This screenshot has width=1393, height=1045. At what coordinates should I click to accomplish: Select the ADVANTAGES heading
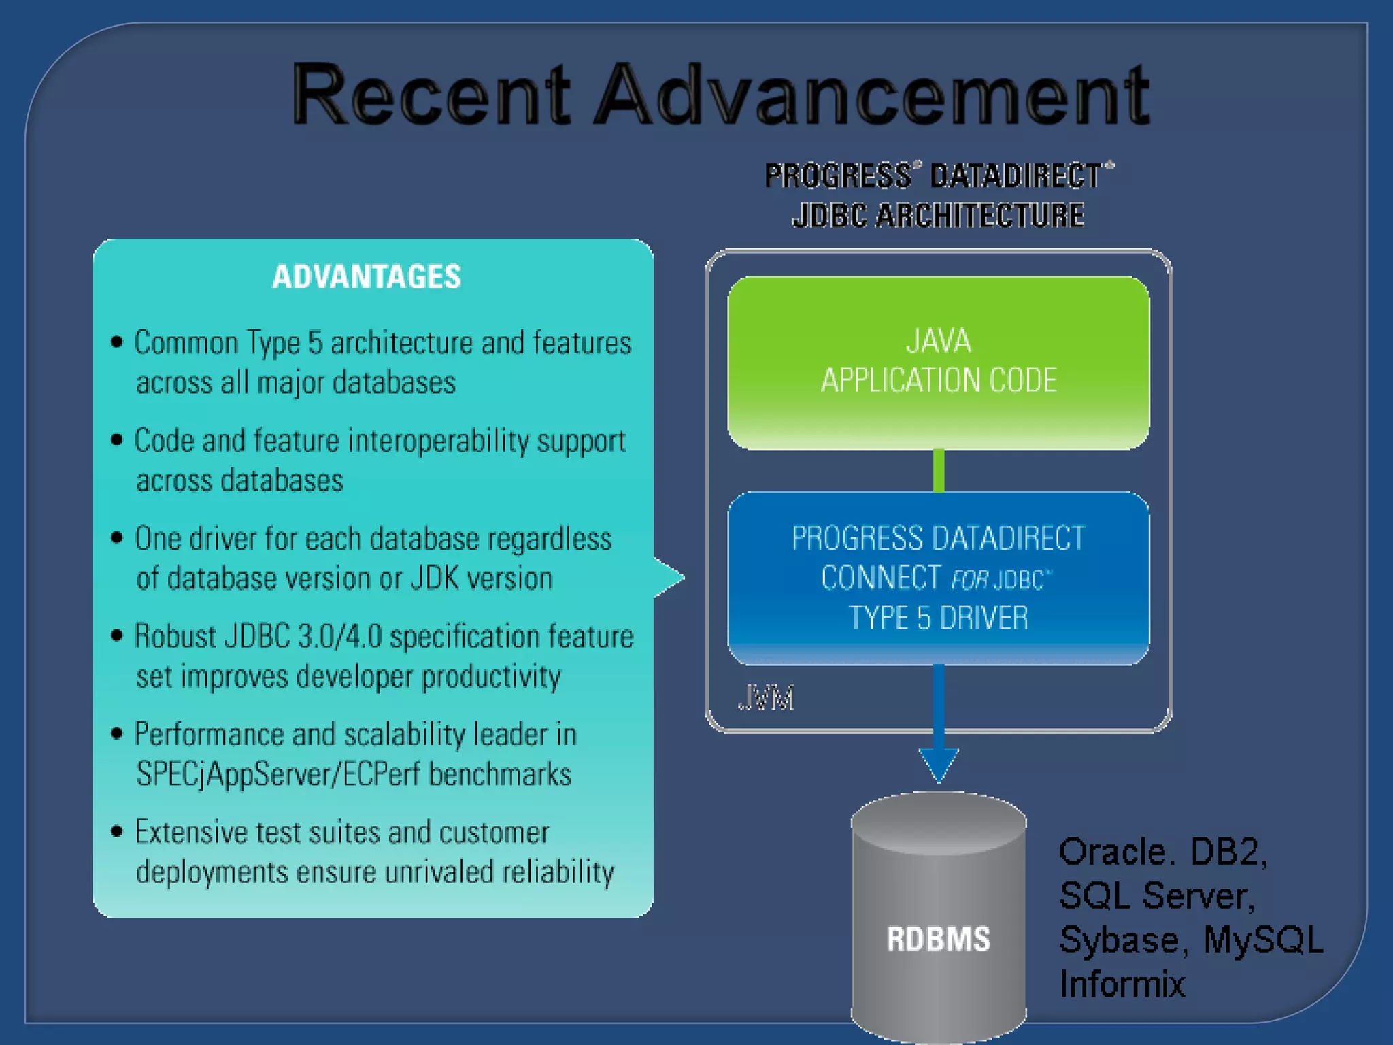(x=367, y=277)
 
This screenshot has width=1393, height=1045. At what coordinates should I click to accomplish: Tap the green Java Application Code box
(x=938, y=362)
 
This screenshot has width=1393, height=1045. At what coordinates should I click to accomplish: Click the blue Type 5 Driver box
(x=938, y=578)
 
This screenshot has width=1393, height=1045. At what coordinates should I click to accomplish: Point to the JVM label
(x=765, y=699)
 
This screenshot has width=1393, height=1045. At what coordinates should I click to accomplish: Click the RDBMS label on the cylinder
(x=938, y=939)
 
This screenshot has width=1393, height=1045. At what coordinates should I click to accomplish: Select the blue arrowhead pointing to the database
(x=939, y=763)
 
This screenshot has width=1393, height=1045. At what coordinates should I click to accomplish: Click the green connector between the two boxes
(x=939, y=470)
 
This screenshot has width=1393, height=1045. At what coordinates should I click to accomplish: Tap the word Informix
(x=1122, y=984)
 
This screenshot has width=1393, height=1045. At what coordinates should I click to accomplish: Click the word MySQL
(x=1263, y=940)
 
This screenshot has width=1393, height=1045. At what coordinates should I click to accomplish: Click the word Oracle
(x=1116, y=852)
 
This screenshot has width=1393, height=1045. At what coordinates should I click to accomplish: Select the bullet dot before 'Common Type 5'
(x=117, y=342)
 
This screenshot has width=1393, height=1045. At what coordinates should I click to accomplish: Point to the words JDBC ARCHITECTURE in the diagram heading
(x=938, y=215)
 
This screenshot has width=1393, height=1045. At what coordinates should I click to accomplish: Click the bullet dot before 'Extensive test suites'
(x=117, y=831)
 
